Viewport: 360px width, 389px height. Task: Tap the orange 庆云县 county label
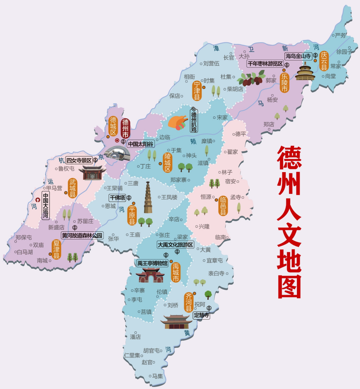323,61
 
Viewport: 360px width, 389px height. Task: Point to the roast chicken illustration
178,122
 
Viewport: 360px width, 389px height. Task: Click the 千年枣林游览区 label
265,63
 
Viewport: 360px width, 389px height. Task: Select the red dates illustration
250,79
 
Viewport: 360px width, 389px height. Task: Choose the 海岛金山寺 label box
298,56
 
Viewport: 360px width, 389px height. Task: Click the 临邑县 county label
223,206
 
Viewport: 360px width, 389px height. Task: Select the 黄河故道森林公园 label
83,235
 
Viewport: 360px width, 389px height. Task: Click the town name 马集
158,376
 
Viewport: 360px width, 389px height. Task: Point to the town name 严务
341,35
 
